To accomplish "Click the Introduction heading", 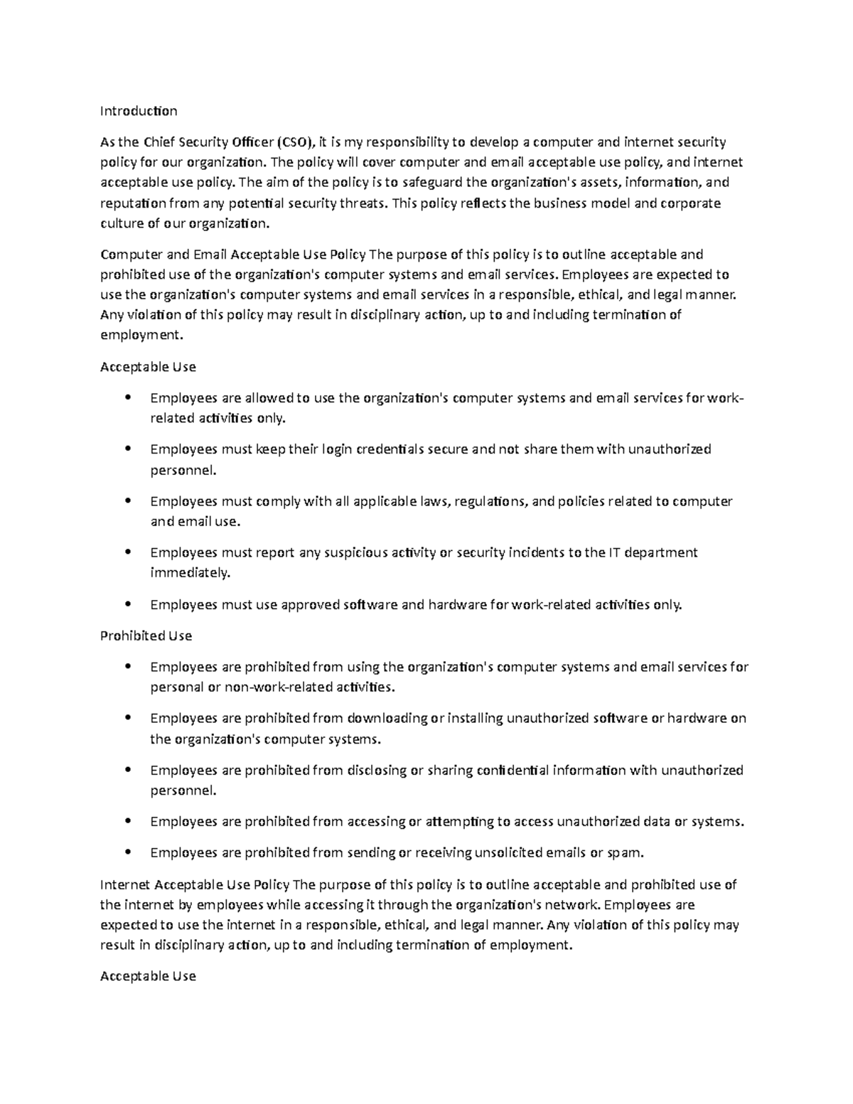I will click(139, 111).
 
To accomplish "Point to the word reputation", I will click(133, 203).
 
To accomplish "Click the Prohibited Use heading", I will click(146, 636).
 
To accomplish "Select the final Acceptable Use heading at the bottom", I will click(148, 976).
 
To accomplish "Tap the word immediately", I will click(190, 573).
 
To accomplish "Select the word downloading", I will click(387, 718).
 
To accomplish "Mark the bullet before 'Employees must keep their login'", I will click(128, 449).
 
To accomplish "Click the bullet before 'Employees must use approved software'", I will click(128, 604).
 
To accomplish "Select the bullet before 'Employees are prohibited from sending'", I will click(128, 852).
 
